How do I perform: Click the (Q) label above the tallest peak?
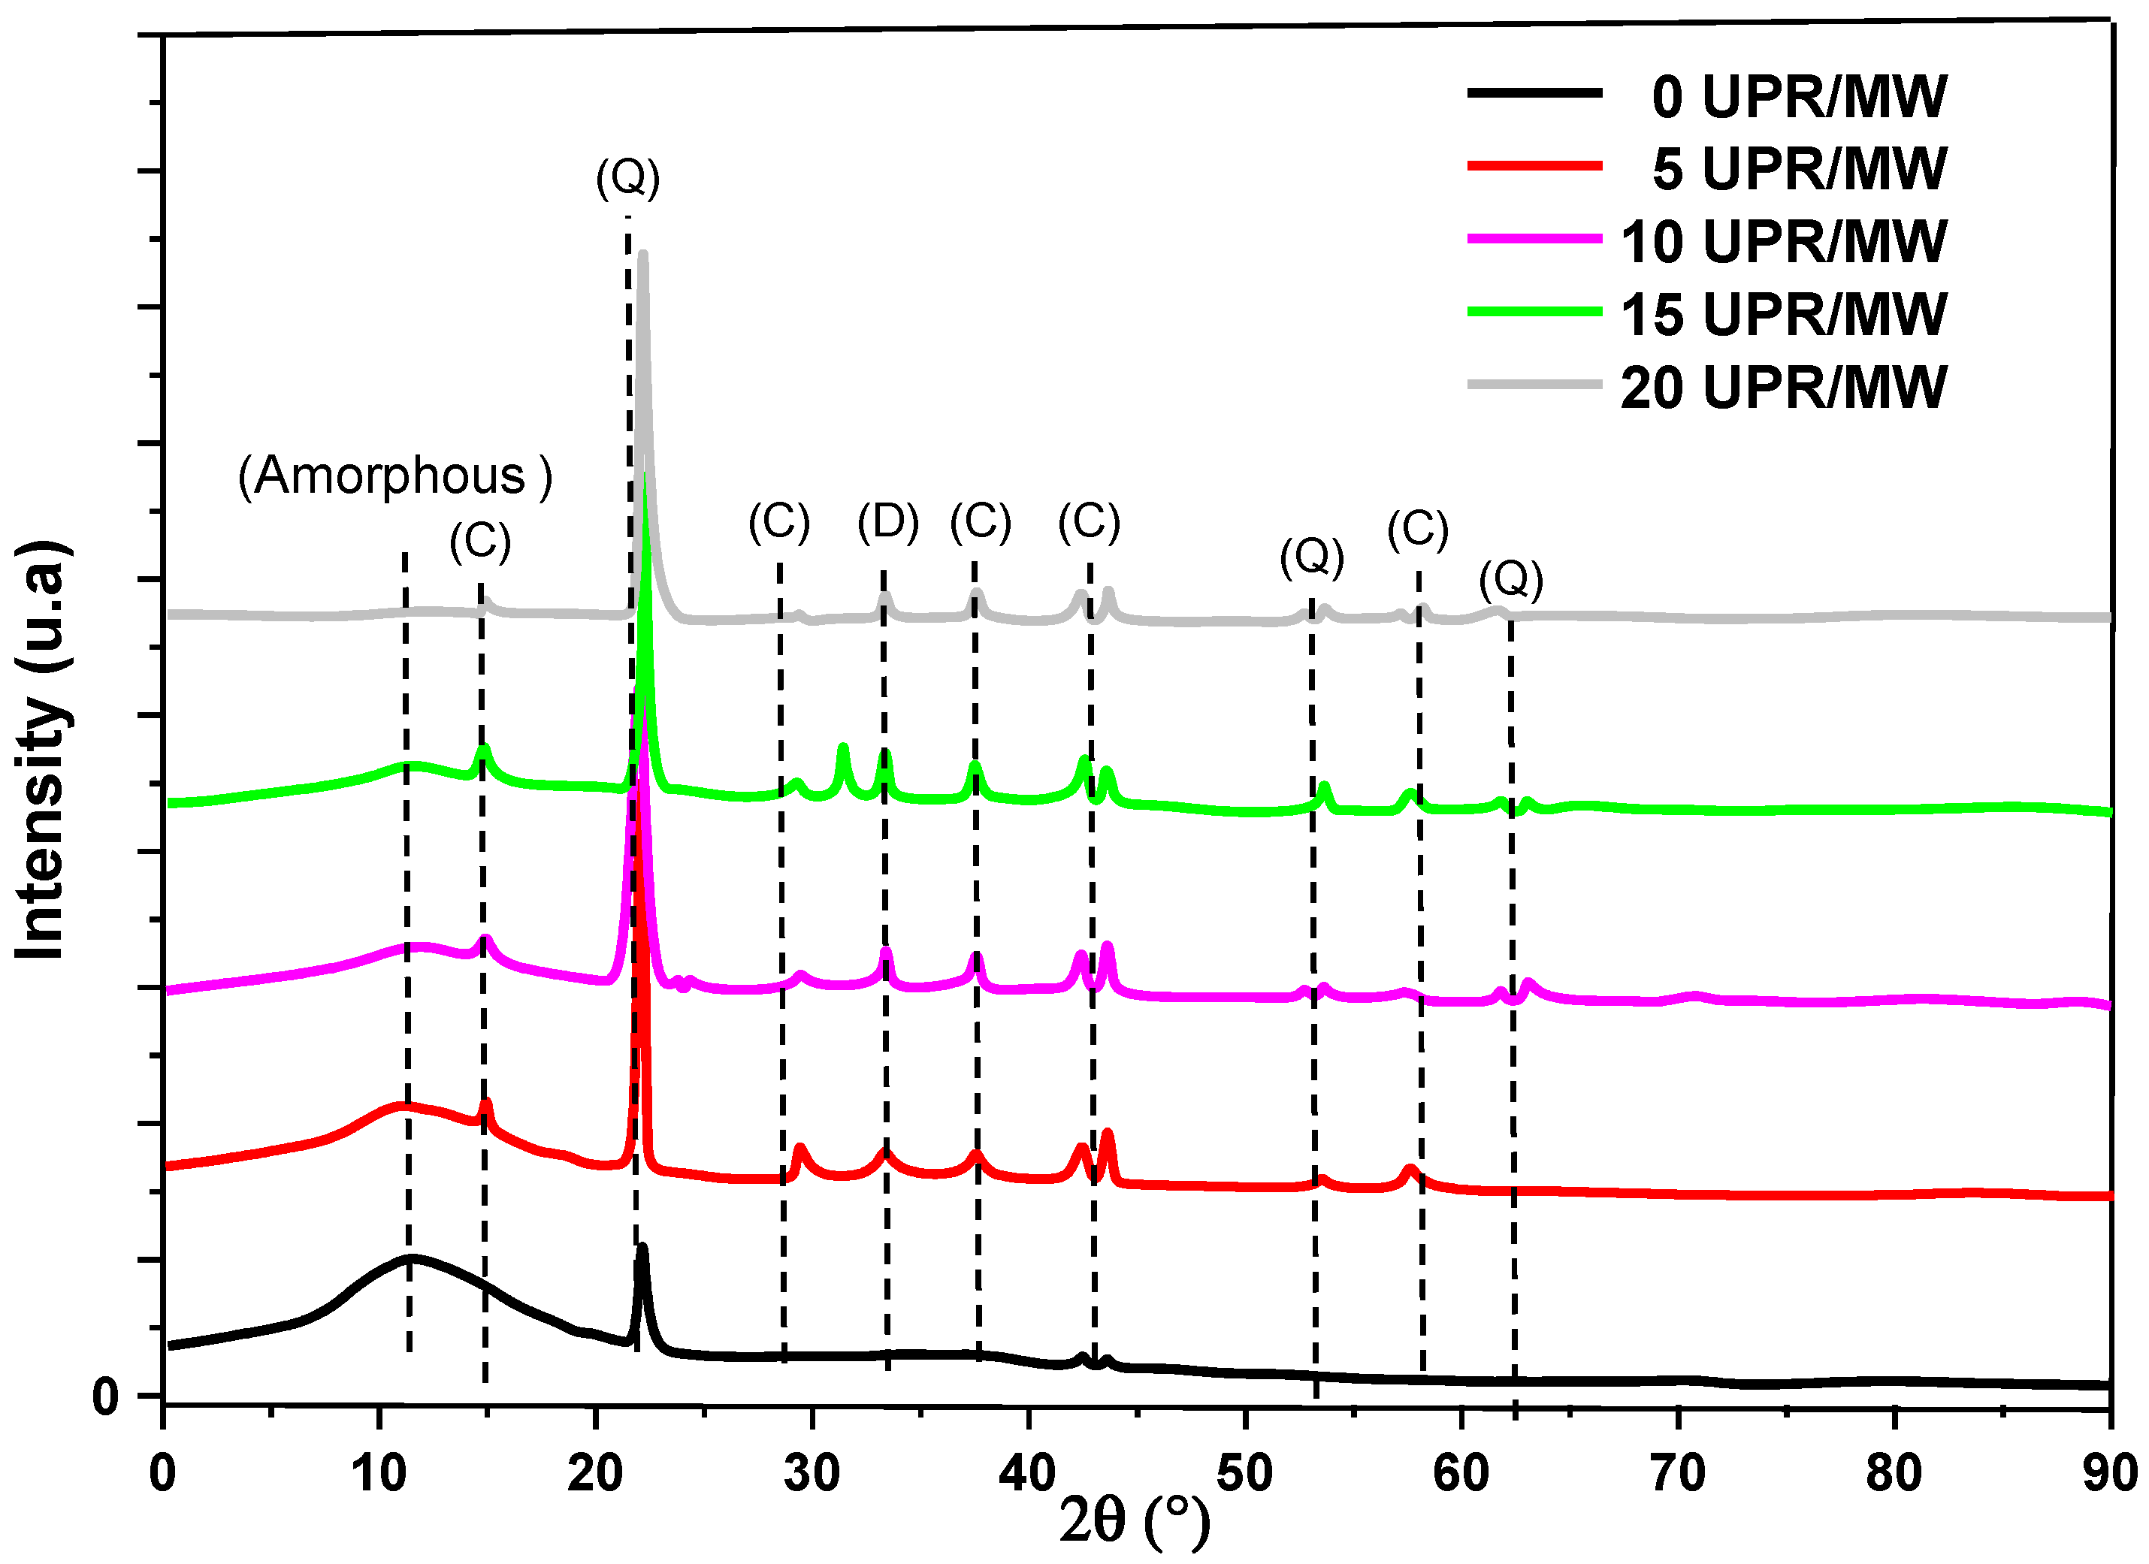[x=627, y=177]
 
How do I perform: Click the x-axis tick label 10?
[x=379, y=1473]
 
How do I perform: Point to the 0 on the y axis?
[x=105, y=1396]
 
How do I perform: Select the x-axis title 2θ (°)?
[x=1133, y=1520]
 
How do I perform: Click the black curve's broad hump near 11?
[x=410, y=1258]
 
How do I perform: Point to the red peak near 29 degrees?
[x=799, y=1149]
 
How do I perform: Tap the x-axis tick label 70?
[x=1677, y=1473]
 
